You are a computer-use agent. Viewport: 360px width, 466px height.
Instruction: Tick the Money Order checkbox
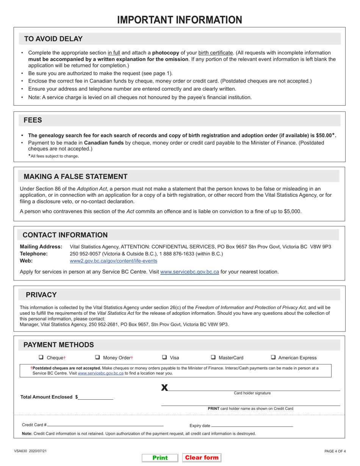(97, 357)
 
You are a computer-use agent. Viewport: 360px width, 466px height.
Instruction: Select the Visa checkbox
(164, 357)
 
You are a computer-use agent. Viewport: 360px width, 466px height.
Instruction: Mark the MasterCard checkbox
(213, 357)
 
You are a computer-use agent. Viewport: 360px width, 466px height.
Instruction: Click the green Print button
(160, 458)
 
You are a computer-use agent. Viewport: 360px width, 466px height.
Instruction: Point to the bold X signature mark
(164, 387)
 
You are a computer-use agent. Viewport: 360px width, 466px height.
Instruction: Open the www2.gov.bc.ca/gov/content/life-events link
(113, 261)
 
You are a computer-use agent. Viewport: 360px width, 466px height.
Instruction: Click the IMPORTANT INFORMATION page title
(180, 20)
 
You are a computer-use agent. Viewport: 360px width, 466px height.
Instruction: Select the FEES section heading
(33, 120)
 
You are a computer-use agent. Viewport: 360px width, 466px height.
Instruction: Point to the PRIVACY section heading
(41, 295)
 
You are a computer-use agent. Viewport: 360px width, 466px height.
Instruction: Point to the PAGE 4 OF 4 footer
(335, 451)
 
